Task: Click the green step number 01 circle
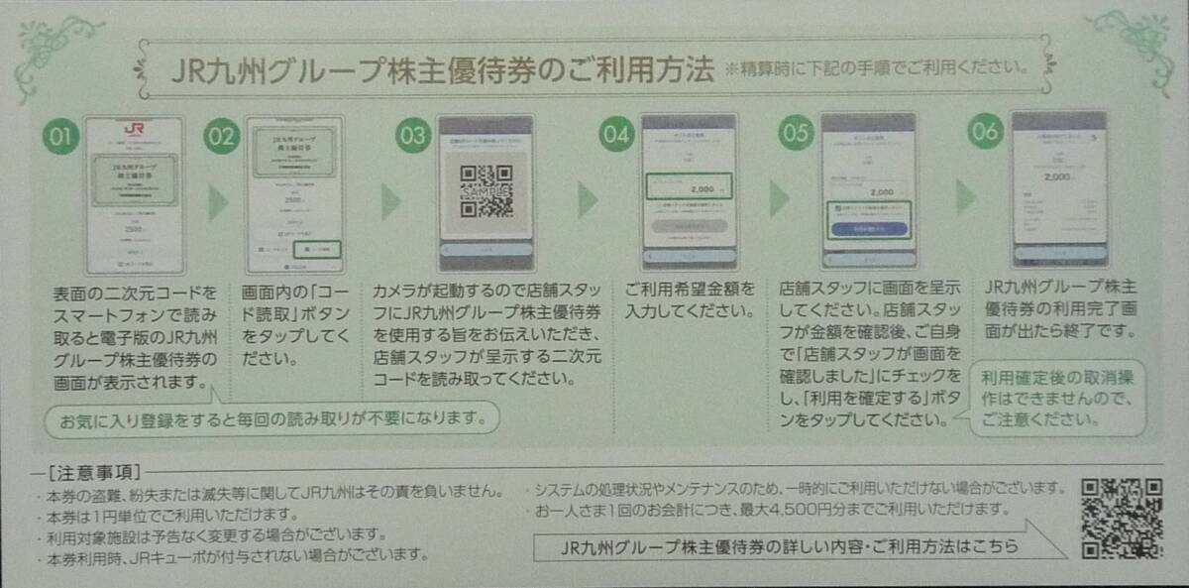pyautogui.click(x=60, y=138)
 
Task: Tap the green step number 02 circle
pyautogui.click(x=221, y=138)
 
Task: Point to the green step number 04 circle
pyautogui.click(x=616, y=137)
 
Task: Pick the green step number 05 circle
pyautogui.click(x=795, y=134)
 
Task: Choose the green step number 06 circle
pyautogui.click(x=985, y=131)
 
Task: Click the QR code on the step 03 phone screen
pyautogui.click(x=486, y=190)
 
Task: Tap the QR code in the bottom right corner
pyautogui.click(x=1121, y=518)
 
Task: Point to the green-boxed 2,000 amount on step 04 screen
pyautogui.click(x=688, y=186)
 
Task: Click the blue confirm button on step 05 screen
pyautogui.click(x=868, y=227)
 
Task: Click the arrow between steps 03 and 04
pyautogui.click(x=588, y=200)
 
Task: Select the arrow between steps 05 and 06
pyautogui.click(x=965, y=197)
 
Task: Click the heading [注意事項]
pyautogui.click(x=93, y=470)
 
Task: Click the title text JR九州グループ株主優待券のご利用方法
pyautogui.click(x=442, y=71)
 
